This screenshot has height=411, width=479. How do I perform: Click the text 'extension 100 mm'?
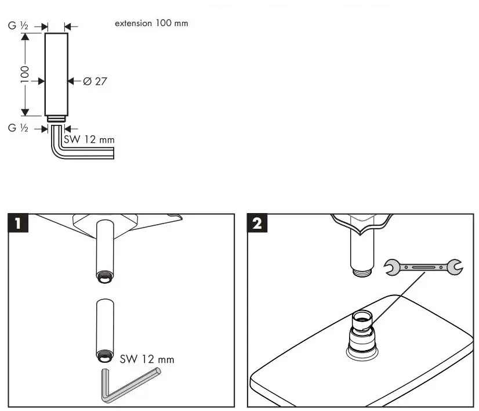[x=151, y=24]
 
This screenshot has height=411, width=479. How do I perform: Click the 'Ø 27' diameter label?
[x=94, y=81]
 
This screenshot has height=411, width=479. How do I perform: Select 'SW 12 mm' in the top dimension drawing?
[x=88, y=139]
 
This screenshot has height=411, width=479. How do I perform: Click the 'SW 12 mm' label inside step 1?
[x=147, y=359]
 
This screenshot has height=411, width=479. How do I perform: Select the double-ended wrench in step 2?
[x=423, y=267]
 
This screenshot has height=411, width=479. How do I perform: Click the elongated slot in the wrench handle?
[x=423, y=267]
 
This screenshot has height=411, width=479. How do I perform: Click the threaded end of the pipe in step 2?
[x=361, y=270]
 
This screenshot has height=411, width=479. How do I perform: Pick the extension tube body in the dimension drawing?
[x=56, y=74]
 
